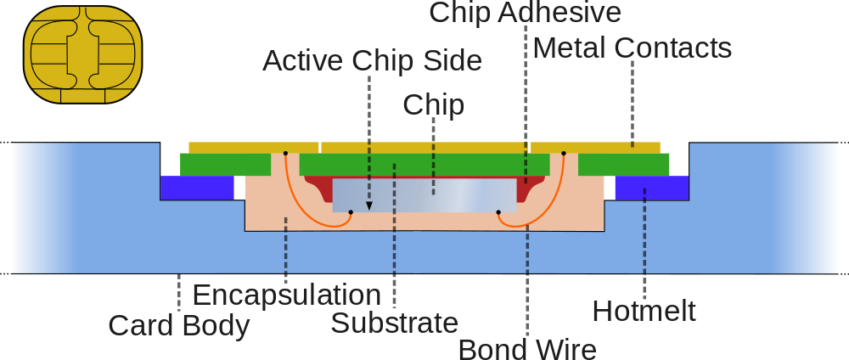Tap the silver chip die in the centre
[x=424, y=194]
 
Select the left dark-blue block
[x=197, y=188]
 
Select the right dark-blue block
[x=651, y=188]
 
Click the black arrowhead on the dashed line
[x=369, y=205]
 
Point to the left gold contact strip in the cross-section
[x=253, y=148]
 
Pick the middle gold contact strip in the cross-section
[x=424, y=148]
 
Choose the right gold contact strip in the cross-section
[x=595, y=148]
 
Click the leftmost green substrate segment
[x=225, y=164]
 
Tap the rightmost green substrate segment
[x=624, y=164]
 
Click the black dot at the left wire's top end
[x=285, y=154]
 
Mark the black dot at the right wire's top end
[x=564, y=154]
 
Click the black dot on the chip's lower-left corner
[x=351, y=212]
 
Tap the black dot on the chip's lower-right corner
[x=498, y=212]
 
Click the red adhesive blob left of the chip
[x=319, y=188]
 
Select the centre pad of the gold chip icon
[x=82, y=54]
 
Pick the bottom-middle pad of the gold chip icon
[x=82, y=95]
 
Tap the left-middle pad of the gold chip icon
[x=47, y=54]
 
